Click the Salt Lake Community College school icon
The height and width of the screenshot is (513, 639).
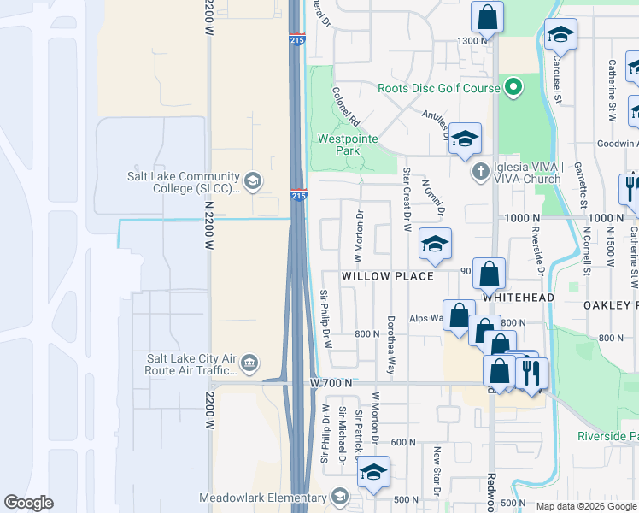(252, 180)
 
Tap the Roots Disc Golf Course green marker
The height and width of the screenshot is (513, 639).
(513, 86)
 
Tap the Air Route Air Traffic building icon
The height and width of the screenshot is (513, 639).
(249, 363)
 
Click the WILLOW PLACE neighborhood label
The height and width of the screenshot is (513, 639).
(377, 277)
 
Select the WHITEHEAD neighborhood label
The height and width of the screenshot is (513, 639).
(519, 297)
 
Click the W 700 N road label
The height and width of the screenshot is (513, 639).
(331, 384)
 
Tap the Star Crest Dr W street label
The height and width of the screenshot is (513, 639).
(407, 199)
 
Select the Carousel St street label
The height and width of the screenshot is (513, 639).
(556, 79)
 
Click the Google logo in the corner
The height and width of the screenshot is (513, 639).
(28, 503)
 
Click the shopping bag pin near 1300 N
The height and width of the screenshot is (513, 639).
(486, 17)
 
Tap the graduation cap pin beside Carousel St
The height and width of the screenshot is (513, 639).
(560, 35)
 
